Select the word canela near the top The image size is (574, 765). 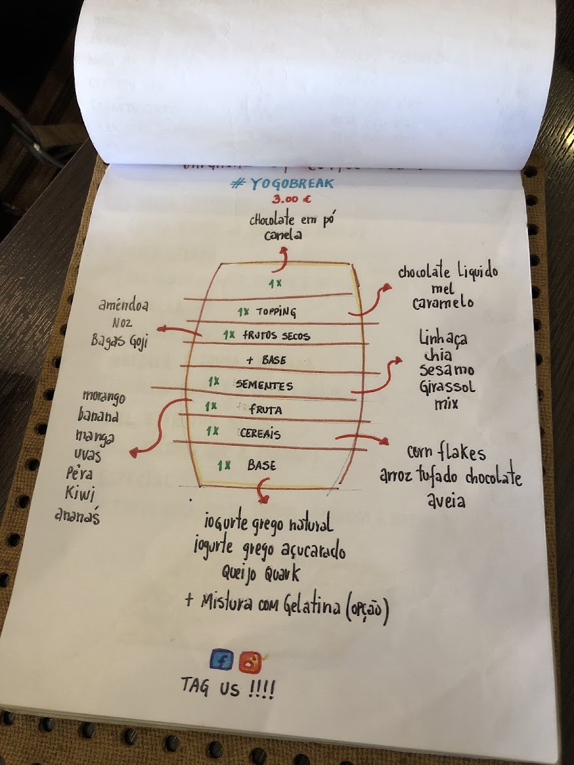pos(284,235)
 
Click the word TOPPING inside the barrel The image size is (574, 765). pos(276,312)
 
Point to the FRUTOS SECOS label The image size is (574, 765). pos(276,335)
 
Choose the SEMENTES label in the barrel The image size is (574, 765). pos(264,385)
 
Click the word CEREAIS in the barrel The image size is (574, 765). pos(260,433)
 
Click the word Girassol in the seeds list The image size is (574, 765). pos(447,387)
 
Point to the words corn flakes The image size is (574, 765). pos(446,453)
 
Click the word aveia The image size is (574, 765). pos(446,502)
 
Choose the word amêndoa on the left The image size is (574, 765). pos(123,306)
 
